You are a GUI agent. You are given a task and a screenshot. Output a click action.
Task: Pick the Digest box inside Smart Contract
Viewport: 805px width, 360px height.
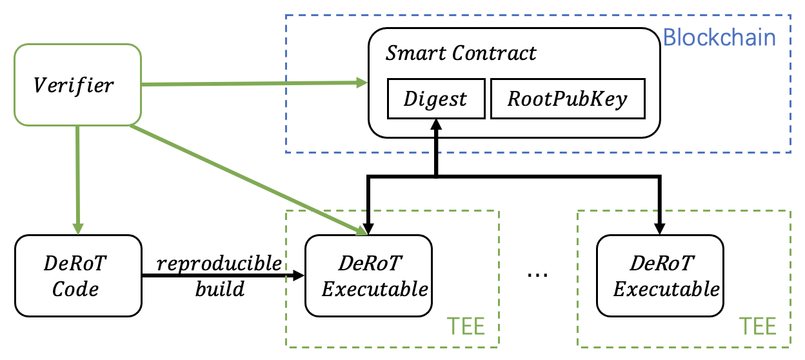435,99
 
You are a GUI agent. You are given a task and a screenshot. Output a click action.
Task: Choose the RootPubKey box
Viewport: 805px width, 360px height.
567,99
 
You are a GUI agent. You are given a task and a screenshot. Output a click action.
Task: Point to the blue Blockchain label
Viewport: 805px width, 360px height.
719,37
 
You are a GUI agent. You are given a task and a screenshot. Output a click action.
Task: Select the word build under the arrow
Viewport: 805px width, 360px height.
219,288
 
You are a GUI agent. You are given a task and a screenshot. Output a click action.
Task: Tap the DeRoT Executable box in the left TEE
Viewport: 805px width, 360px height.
368,275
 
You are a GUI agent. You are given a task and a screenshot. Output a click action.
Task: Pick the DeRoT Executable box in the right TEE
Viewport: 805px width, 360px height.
660,275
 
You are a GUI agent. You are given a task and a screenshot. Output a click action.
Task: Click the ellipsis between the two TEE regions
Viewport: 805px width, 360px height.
537,274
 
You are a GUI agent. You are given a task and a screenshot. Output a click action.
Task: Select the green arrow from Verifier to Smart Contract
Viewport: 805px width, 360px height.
252,83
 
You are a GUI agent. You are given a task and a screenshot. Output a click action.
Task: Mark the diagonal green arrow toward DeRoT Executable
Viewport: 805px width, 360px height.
245,177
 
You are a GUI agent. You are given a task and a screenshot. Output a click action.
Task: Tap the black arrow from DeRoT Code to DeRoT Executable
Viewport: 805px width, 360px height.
223,275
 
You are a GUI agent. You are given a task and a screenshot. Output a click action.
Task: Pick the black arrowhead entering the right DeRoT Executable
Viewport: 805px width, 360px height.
660,227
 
